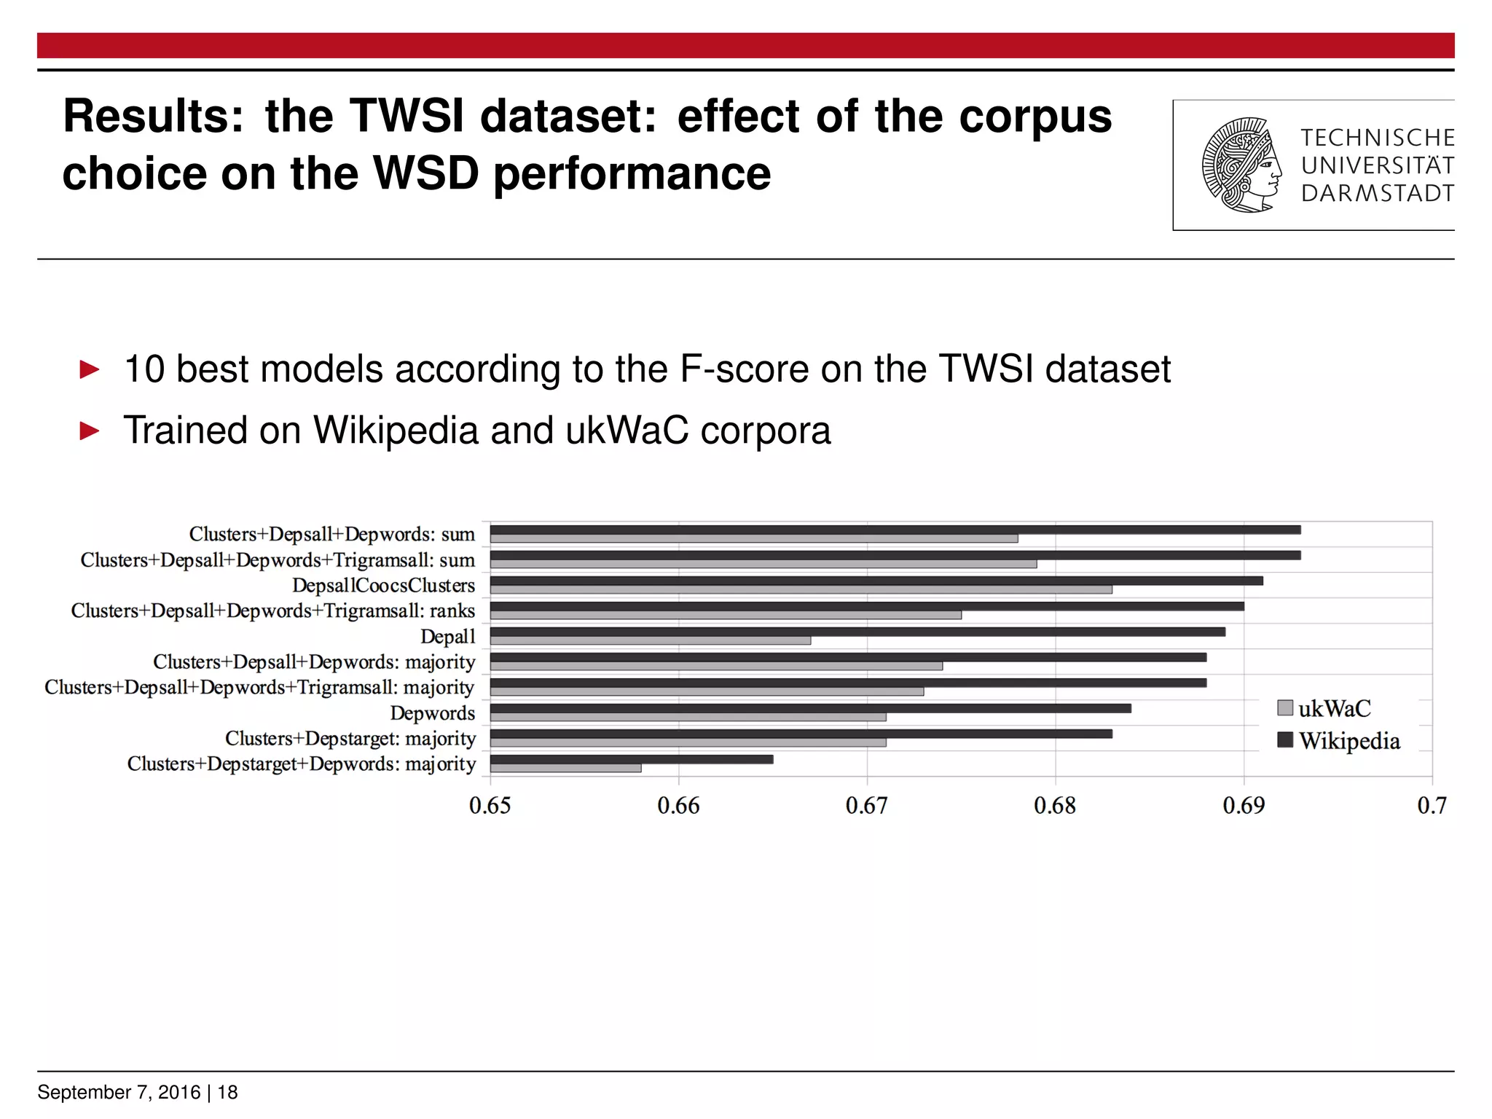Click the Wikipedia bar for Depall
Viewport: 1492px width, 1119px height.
pyautogui.click(x=857, y=632)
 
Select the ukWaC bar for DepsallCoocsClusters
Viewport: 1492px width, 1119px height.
pyautogui.click(x=801, y=589)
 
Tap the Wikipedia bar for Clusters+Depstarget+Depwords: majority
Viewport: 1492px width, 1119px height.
pyautogui.click(x=632, y=759)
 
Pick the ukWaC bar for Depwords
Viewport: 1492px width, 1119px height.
pyautogui.click(x=688, y=717)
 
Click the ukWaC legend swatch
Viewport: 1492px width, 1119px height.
pyautogui.click(x=1285, y=707)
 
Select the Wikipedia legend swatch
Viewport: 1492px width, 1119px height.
pyautogui.click(x=1285, y=740)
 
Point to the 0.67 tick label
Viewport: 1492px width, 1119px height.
pyautogui.click(x=866, y=806)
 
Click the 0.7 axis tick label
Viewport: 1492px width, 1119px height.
pyautogui.click(x=1432, y=806)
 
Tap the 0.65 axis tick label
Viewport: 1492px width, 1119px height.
pyautogui.click(x=490, y=806)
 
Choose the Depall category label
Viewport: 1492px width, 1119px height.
pyautogui.click(x=447, y=637)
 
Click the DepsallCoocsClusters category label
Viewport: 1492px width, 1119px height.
pyautogui.click(x=383, y=586)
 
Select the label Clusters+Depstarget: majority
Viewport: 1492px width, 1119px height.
pyautogui.click(x=350, y=739)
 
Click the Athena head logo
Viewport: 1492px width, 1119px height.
pyautogui.click(x=1241, y=165)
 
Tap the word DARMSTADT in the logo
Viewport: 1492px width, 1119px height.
pyautogui.click(x=1377, y=194)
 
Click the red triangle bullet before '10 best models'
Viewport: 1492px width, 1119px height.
pyautogui.click(x=90, y=369)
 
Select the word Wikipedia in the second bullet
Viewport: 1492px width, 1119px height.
pyautogui.click(x=396, y=430)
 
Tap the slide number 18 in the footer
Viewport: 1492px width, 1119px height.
pyautogui.click(x=227, y=1092)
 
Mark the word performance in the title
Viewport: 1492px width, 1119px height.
pyautogui.click(x=632, y=174)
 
